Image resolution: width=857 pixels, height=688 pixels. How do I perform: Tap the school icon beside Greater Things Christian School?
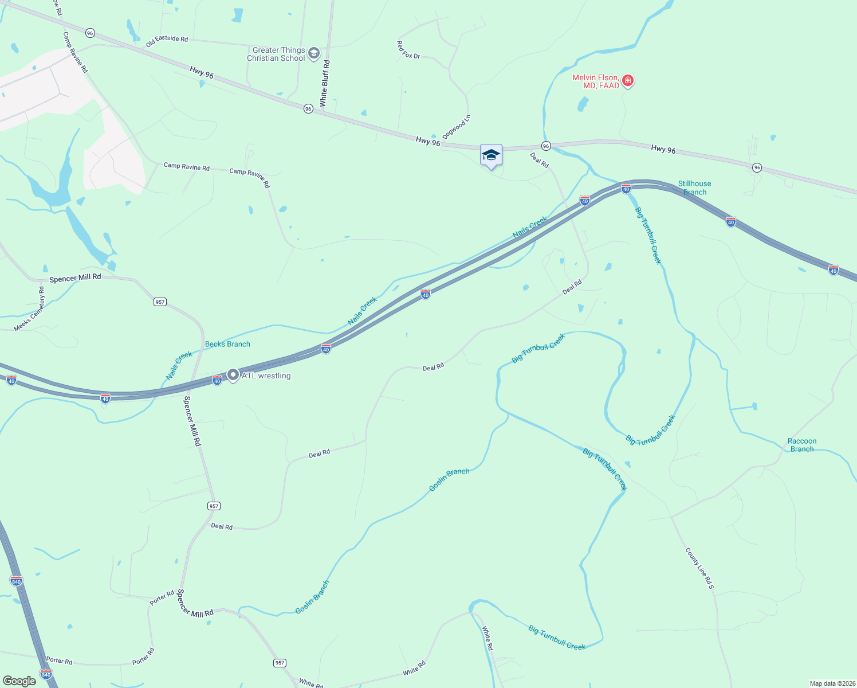coord(313,54)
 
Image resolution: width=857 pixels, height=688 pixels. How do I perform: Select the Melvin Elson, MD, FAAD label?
coord(596,81)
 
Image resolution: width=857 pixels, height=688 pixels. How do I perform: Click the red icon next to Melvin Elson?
coord(628,81)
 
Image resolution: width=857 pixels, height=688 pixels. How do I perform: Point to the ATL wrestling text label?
coord(266,376)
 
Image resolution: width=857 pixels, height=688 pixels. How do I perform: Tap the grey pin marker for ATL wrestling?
coord(233,375)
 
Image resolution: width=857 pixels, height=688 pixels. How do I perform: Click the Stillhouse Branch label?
coord(694,188)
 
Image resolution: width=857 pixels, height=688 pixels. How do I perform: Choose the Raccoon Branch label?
coord(802,445)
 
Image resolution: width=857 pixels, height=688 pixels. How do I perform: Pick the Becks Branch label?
coord(227,344)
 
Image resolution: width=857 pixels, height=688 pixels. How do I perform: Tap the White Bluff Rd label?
coord(324,84)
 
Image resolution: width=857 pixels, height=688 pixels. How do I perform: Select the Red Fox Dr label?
coord(408,49)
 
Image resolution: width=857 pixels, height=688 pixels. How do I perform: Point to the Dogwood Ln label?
coord(457,127)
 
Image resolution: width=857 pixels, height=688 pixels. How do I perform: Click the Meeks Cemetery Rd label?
coord(29,309)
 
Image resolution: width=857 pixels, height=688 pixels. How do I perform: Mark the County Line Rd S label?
coord(699,568)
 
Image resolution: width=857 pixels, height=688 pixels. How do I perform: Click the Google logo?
coord(19,681)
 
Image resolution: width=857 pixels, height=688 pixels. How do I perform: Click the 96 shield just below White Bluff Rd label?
coord(308,109)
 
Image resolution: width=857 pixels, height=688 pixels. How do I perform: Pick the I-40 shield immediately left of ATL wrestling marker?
coord(217,380)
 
